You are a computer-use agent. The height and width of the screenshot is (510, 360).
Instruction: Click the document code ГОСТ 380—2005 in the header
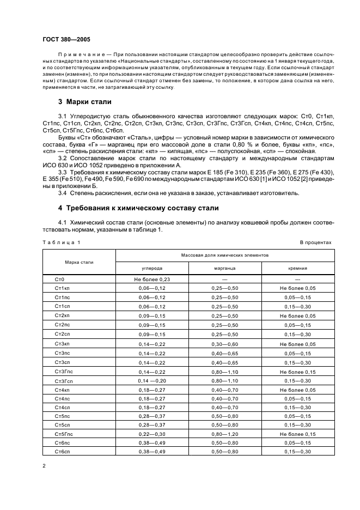tap(66, 40)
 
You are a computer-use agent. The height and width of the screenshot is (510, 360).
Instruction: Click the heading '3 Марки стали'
tap(84, 101)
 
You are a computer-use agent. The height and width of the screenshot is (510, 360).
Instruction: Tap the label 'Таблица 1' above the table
tap(61, 242)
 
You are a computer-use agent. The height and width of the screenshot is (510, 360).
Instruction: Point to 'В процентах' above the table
tap(315, 242)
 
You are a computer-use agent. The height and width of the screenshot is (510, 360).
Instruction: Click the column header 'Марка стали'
tap(79, 262)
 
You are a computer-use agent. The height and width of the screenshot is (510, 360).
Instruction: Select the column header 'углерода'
tap(151, 268)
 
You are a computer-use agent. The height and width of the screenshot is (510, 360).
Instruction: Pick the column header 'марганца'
tap(225, 268)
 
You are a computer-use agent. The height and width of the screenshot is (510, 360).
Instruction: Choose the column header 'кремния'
tap(297, 268)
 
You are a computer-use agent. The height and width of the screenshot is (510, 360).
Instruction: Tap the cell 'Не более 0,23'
tap(151, 279)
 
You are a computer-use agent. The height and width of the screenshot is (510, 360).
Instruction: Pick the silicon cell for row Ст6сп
tap(297, 451)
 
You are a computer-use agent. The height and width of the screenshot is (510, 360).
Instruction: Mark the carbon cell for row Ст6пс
tap(151, 442)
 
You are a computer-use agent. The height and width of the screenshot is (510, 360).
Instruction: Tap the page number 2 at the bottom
tap(44, 466)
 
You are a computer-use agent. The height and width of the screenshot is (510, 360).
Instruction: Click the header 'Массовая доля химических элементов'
tap(225, 255)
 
